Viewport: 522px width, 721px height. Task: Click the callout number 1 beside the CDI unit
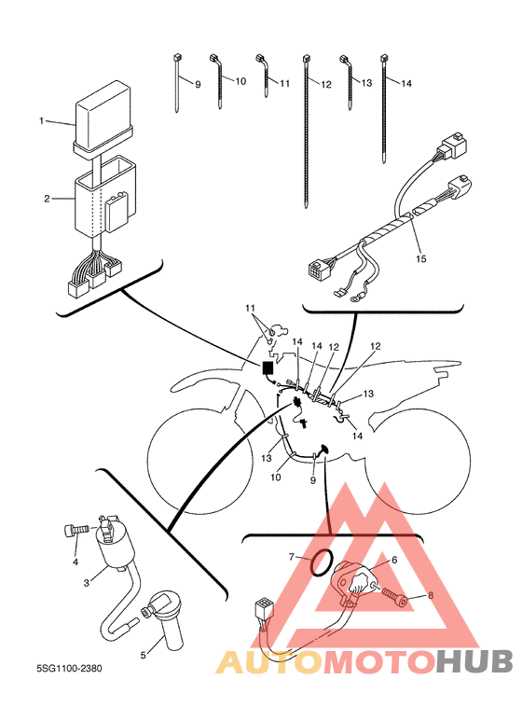pos(41,121)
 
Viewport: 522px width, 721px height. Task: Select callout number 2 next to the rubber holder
pos(47,199)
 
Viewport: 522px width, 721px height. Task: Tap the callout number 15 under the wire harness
pos(421,259)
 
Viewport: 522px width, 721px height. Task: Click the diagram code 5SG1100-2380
pos(69,668)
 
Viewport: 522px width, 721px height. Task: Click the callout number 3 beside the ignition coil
pos(87,583)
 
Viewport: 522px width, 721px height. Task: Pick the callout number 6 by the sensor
pos(394,560)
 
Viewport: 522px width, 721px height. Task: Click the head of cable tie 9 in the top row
pos(176,58)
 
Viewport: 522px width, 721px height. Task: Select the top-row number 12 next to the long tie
pos(326,85)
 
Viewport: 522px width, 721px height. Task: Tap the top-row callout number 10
pos(240,81)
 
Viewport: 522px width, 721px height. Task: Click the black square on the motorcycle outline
pos(267,368)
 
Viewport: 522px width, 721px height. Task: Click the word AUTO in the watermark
pos(269,661)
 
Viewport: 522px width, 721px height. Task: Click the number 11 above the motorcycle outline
pos(250,308)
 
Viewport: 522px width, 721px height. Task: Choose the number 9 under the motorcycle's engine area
pos(313,480)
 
